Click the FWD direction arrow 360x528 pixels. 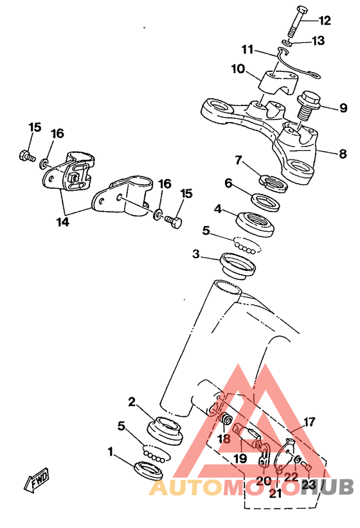coord(37,479)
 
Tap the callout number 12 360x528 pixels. coord(325,21)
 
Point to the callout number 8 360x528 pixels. coord(343,154)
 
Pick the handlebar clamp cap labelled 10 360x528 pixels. coord(278,82)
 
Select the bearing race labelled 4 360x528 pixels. coord(255,224)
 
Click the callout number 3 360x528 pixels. coord(196,254)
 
